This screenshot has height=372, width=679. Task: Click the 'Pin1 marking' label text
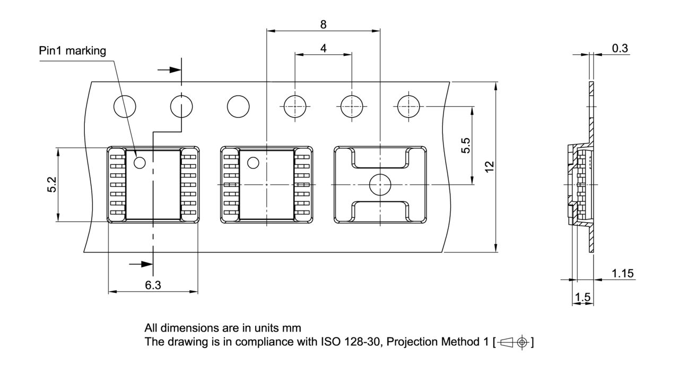tap(73, 51)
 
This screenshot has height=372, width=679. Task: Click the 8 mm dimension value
tap(323, 24)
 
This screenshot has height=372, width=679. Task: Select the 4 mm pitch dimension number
tap(323, 48)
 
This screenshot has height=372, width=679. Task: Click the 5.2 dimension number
tap(52, 184)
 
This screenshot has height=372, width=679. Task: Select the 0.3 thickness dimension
tap(620, 48)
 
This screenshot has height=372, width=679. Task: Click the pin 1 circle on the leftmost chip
tap(140, 163)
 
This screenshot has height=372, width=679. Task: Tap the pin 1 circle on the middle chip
tap(254, 163)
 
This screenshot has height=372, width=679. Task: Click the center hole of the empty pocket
tap(380, 184)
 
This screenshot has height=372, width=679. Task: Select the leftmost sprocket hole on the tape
tap(125, 107)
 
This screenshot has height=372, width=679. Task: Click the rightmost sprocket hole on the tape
tap(408, 107)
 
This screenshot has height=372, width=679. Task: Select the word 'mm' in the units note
tap(294, 327)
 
